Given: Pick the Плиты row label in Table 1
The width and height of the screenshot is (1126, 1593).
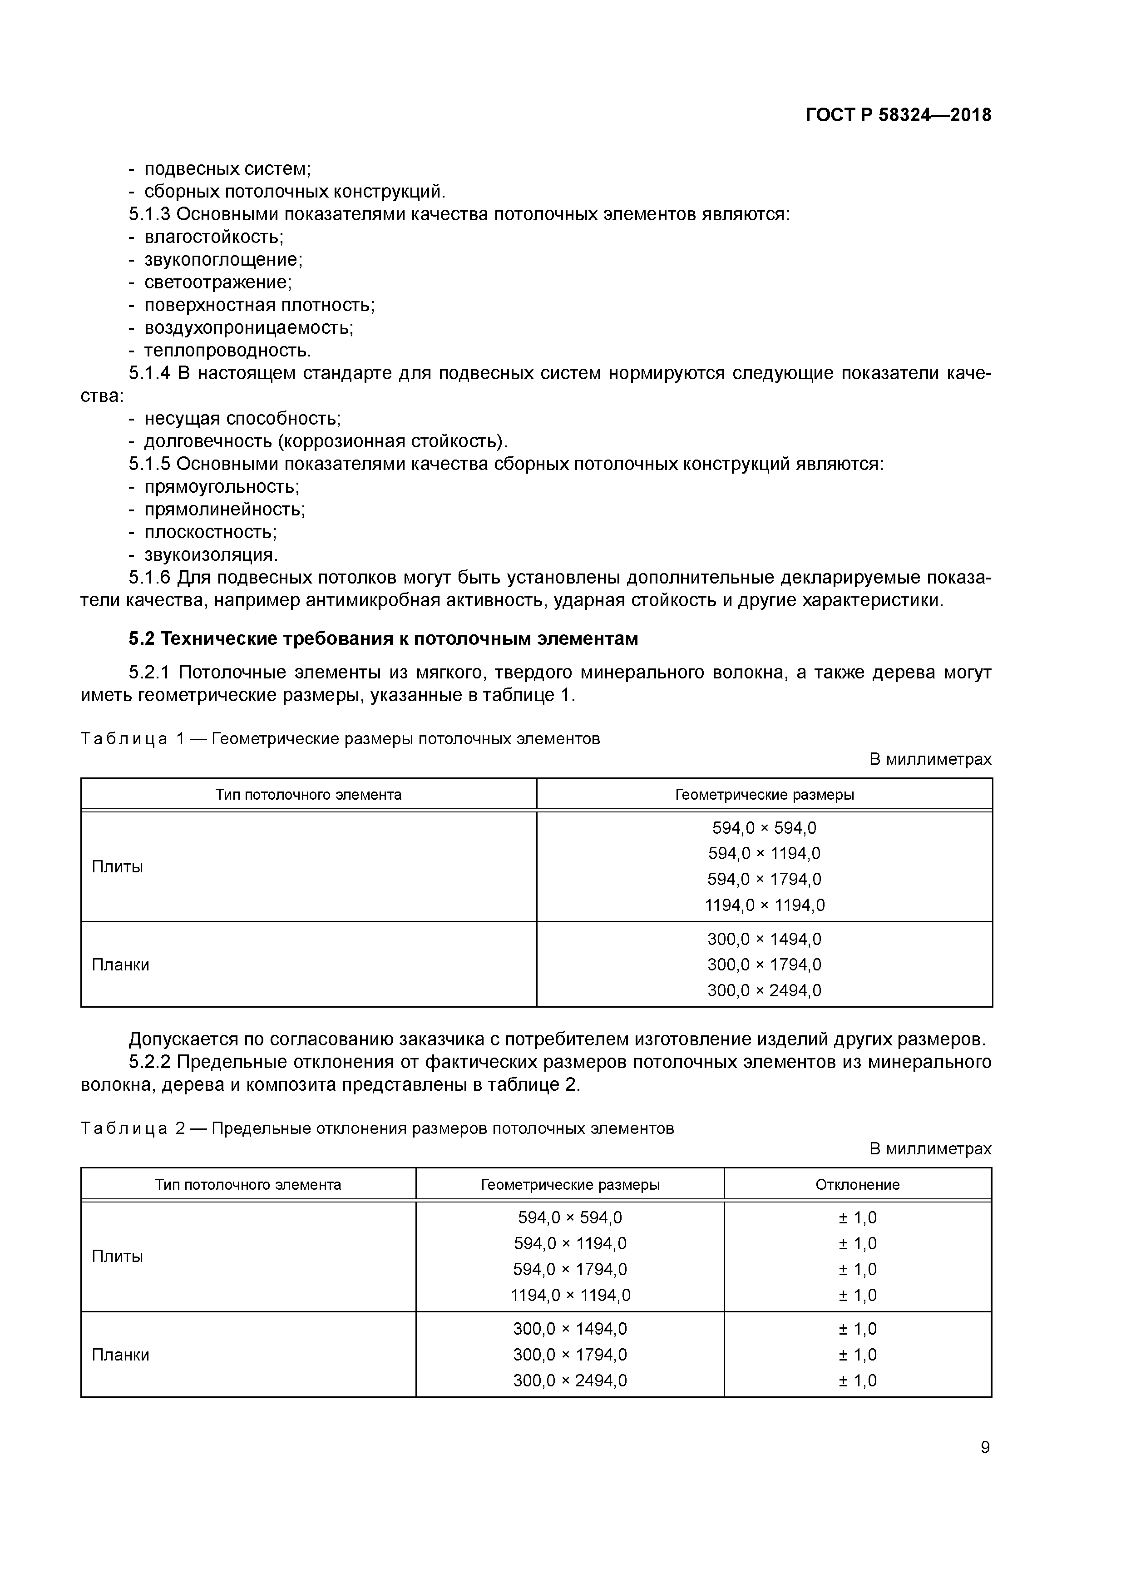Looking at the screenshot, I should (117, 866).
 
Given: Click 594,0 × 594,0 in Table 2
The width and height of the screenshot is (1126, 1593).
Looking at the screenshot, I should (570, 1217).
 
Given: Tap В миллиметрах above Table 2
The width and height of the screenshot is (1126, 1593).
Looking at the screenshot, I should (930, 1149).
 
